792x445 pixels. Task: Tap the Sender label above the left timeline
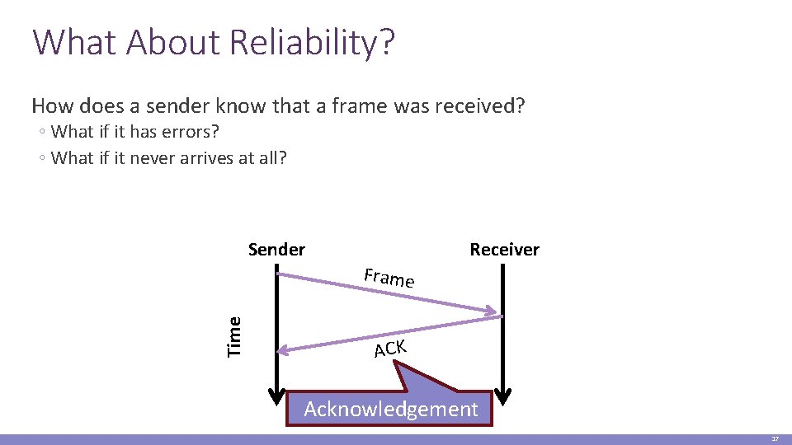[x=276, y=250]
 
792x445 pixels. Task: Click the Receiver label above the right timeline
[x=504, y=250]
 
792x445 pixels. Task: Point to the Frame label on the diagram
[x=389, y=278]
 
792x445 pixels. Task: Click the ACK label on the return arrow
[x=389, y=349]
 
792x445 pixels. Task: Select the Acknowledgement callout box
[x=390, y=409]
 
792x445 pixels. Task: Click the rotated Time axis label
[x=234, y=336]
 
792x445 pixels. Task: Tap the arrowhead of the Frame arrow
[x=496, y=312]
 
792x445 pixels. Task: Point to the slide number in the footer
[x=775, y=439]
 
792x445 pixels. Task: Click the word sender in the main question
[x=170, y=105]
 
